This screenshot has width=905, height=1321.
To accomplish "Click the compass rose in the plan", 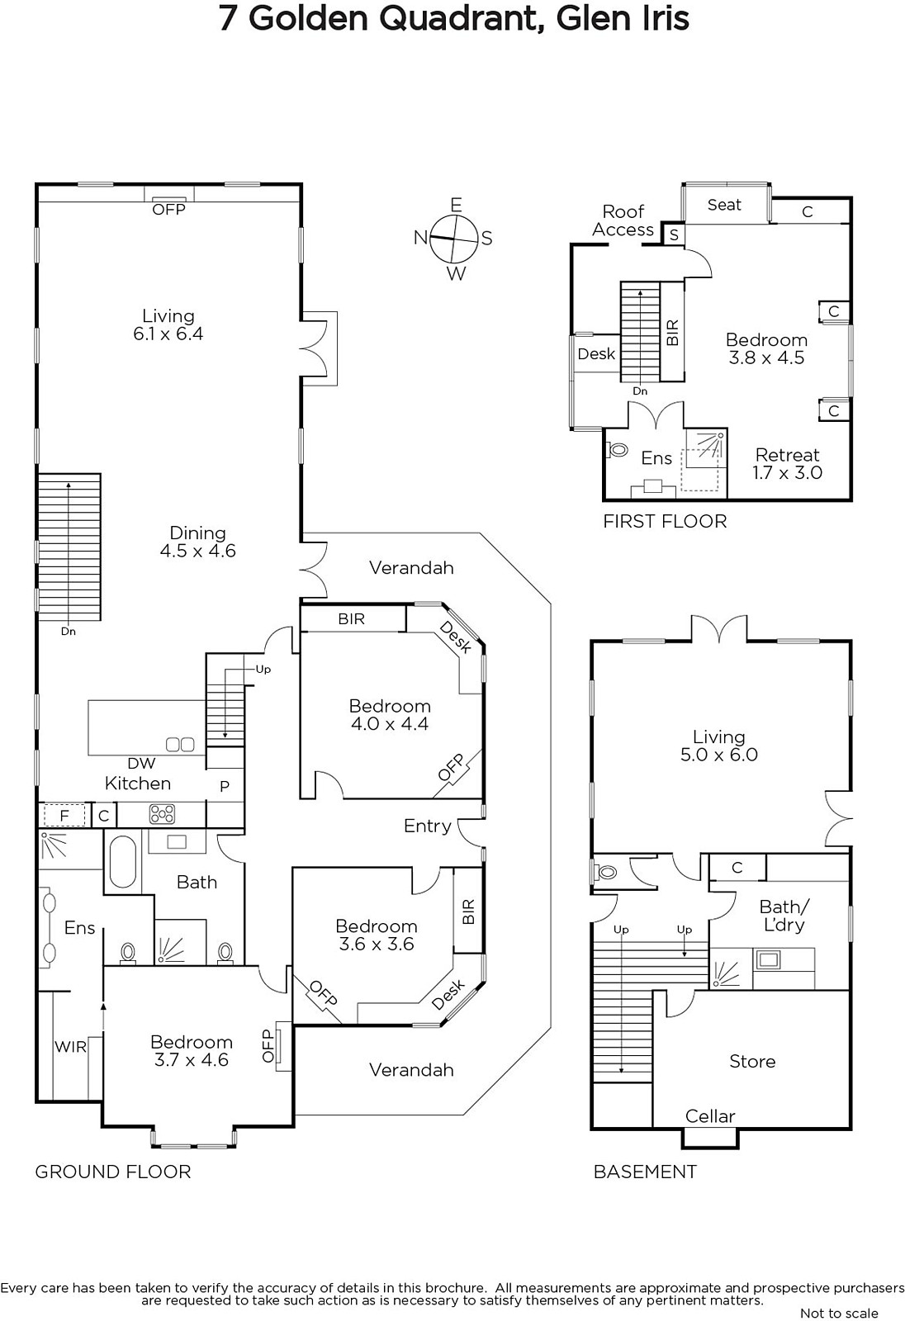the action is tap(454, 239).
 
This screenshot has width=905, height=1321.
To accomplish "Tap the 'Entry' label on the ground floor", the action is tap(427, 826).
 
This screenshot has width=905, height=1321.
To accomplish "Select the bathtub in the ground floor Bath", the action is tap(123, 862).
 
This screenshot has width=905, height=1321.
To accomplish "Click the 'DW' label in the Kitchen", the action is tap(141, 763).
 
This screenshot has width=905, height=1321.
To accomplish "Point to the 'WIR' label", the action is tap(71, 1047).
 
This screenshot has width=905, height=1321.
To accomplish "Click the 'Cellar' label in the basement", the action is tap(710, 1116).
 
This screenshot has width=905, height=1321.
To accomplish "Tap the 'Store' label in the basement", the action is tap(752, 1062).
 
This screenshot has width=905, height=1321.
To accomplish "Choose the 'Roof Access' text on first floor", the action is tap(623, 220).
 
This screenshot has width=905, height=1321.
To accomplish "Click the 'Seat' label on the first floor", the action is tap(724, 205).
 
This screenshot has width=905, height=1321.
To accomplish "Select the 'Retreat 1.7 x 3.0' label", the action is tap(788, 463).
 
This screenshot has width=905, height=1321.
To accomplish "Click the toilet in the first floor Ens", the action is tap(616, 451).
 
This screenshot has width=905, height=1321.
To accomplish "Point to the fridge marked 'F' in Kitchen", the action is tap(64, 816).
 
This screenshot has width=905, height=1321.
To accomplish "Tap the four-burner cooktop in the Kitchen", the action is tap(162, 814).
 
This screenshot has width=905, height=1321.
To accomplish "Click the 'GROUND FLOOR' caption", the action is tap(113, 1172).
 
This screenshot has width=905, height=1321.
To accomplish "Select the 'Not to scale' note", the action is tap(839, 1313).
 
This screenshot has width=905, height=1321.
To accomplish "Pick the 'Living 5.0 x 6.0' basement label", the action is tap(718, 746).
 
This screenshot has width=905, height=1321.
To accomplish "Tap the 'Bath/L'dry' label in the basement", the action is tap(784, 916).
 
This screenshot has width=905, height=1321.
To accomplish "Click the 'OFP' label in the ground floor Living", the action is tap(168, 210).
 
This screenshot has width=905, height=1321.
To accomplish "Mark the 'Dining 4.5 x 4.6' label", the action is tap(197, 542).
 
